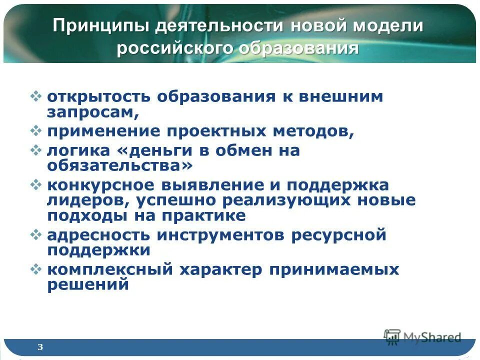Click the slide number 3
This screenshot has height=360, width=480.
click(40, 347)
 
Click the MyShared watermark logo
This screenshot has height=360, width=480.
click(422, 337)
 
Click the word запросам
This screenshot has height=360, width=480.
click(93, 113)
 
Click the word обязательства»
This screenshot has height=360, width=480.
click(120, 165)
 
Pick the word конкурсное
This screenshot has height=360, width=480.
click(100, 184)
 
